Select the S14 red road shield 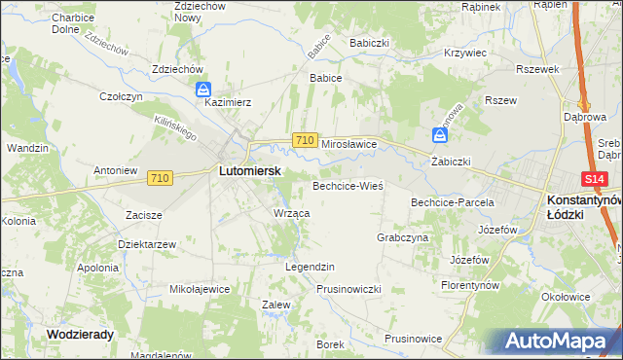596,179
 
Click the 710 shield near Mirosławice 304,141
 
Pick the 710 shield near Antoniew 161,178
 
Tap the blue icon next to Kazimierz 202,90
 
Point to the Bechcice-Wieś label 348,185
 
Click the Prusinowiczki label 348,289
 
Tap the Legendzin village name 310,267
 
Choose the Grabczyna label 402,237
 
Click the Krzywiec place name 464,54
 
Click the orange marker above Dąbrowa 586,106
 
